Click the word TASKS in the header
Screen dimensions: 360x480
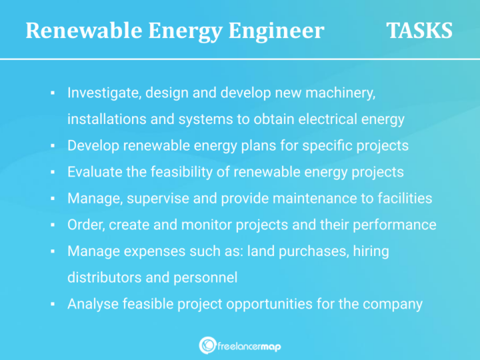coord(419,31)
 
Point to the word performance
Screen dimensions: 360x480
coord(396,224)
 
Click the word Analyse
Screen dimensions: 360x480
coord(94,304)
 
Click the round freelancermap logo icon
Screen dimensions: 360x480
coord(207,345)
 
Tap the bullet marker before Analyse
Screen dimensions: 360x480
coord(52,304)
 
